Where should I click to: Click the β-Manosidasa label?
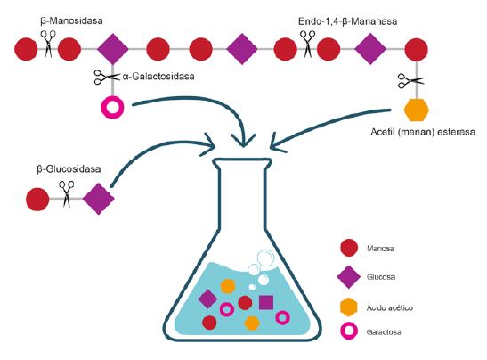[71, 20]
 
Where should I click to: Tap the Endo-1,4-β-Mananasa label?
[347, 21]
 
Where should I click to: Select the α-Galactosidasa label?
[158, 77]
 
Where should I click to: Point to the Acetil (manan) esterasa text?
[423, 132]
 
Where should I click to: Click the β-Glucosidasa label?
[69, 168]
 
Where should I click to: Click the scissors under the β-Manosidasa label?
[48, 43]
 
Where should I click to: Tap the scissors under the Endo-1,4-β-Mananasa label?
[308, 44]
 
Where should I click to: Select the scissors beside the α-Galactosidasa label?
[107, 77]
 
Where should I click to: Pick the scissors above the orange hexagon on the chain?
[411, 81]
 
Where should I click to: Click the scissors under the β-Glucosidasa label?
[67, 193]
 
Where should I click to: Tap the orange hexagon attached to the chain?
[417, 110]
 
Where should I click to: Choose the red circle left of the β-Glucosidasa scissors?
[37, 199]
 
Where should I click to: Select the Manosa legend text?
[380, 249]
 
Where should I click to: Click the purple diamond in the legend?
[349, 277]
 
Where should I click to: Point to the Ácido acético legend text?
[390, 307]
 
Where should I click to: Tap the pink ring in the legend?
[349, 331]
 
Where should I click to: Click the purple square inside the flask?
[266, 302]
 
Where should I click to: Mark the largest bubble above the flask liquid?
[265, 258]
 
